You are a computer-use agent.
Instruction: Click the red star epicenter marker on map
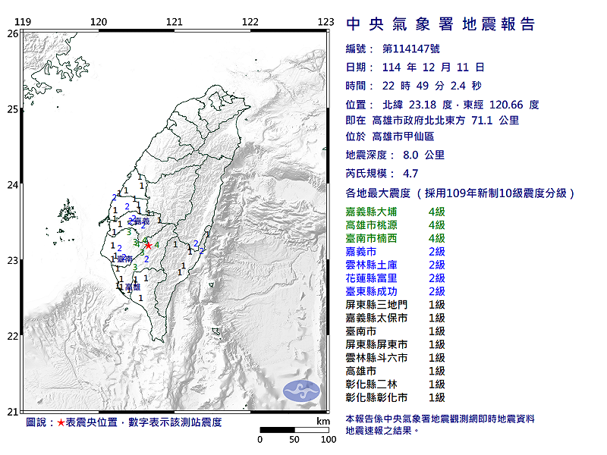pyautogui.click(x=149, y=245)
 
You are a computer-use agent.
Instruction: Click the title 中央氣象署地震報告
pyautogui.click(x=440, y=24)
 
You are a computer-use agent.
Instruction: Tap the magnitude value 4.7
pyautogui.click(x=410, y=173)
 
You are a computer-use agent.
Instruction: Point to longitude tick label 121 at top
pyautogui.click(x=175, y=22)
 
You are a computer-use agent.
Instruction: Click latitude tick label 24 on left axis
pyautogui.click(x=13, y=184)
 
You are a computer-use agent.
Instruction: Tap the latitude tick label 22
pyautogui.click(x=13, y=336)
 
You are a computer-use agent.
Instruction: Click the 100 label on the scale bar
pyautogui.click(x=328, y=439)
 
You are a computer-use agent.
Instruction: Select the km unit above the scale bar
pyautogui.click(x=324, y=421)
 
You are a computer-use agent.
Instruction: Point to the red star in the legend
pyautogui.click(x=61, y=422)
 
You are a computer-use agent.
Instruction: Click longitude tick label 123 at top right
pyautogui.click(x=326, y=22)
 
